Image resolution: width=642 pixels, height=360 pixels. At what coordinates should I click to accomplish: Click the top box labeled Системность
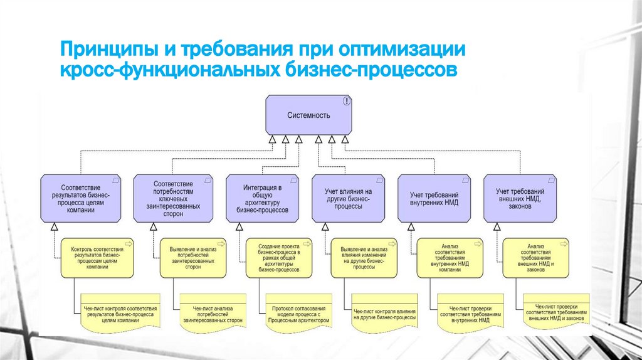[x=308, y=115]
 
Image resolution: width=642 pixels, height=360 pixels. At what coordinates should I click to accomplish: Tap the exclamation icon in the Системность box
[x=347, y=101]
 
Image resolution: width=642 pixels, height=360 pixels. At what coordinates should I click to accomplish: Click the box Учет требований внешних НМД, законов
[x=520, y=199]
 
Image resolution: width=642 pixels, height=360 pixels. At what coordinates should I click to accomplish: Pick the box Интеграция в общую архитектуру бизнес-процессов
[x=263, y=199]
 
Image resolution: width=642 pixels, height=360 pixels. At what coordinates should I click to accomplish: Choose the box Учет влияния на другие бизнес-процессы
[x=349, y=199]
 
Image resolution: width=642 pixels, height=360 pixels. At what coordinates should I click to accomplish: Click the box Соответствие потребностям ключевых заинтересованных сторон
[x=177, y=199]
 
